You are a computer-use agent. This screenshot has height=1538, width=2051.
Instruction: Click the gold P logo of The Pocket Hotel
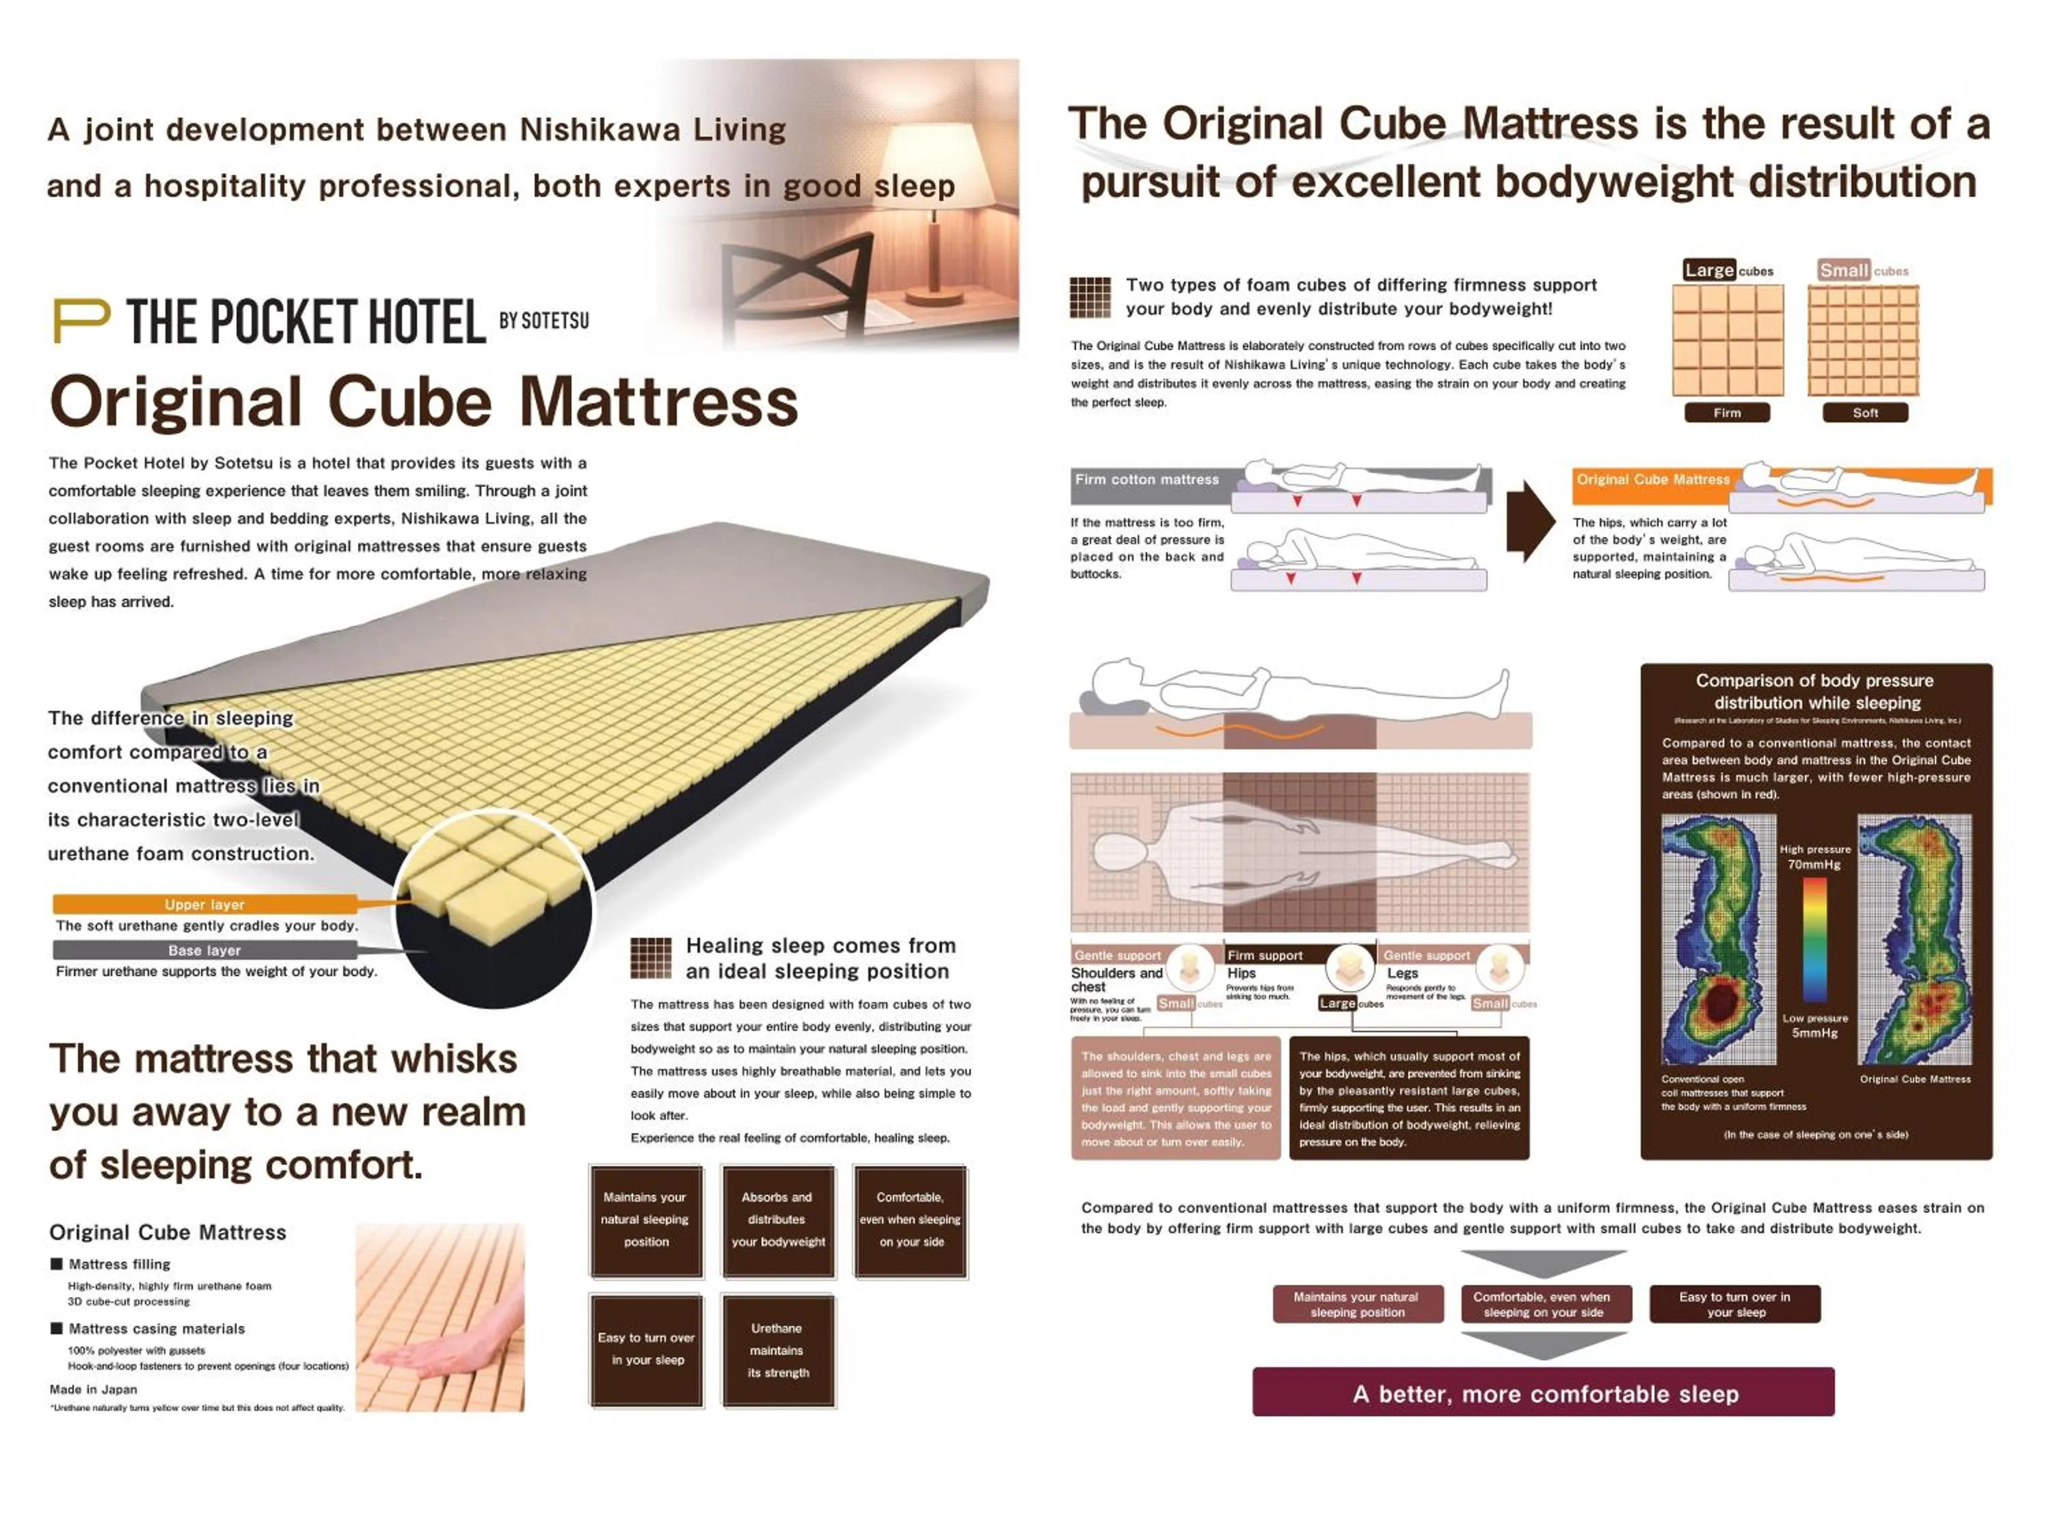pos(81,320)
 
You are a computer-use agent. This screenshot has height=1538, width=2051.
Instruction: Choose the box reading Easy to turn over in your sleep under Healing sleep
pos(646,1349)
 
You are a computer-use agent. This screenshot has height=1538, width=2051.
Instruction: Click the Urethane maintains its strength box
pos(778,1350)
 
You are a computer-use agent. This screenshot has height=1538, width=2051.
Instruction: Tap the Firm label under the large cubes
pos(1726,413)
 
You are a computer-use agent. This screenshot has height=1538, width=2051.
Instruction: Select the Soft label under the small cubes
pos(1864,413)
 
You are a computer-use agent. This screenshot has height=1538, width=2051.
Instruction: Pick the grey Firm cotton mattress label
pos(1147,479)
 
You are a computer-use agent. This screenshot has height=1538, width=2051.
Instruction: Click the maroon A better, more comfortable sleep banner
pos(1543,1392)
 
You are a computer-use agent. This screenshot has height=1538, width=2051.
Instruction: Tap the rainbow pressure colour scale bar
pos(1814,939)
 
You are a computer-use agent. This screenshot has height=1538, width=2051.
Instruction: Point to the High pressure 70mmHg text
pos(1814,856)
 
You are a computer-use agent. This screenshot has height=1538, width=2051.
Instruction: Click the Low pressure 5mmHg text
pos(1814,1025)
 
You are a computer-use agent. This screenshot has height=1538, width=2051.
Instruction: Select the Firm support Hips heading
pos(1265,956)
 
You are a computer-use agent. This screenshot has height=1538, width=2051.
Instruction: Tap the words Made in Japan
pos(93,1389)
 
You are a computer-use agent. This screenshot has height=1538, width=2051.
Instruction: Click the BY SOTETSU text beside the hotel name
pos(544,321)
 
